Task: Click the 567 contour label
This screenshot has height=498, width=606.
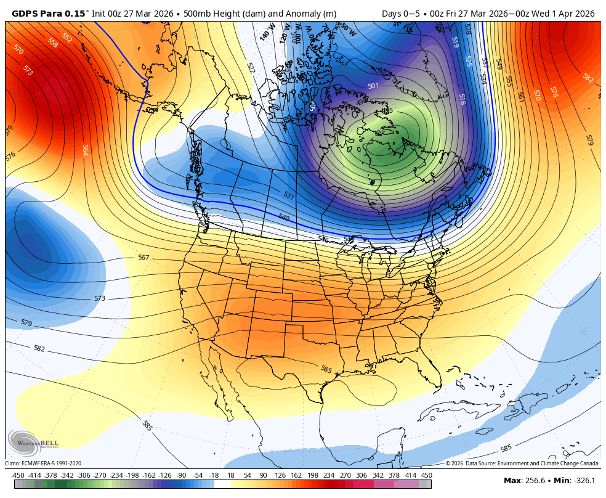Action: [143, 258]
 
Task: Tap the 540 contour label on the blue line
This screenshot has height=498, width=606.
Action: [284, 218]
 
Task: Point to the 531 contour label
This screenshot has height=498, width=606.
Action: [288, 195]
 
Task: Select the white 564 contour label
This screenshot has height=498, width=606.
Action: [86, 150]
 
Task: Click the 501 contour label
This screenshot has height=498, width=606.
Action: [373, 86]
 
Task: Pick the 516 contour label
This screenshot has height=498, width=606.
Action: [463, 99]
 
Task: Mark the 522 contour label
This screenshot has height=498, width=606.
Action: [251, 67]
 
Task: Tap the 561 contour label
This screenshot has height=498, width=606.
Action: [520, 97]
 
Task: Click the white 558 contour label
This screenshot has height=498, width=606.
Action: [54, 43]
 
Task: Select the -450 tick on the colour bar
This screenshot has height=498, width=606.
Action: [18, 475]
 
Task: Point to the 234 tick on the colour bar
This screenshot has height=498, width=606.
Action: [328, 475]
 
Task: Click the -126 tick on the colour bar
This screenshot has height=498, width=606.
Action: [164, 475]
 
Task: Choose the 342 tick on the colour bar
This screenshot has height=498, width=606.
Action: [378, 475]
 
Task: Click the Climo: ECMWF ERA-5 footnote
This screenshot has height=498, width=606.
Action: [43, 463]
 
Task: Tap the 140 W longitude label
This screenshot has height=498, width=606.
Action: [267, 33]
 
